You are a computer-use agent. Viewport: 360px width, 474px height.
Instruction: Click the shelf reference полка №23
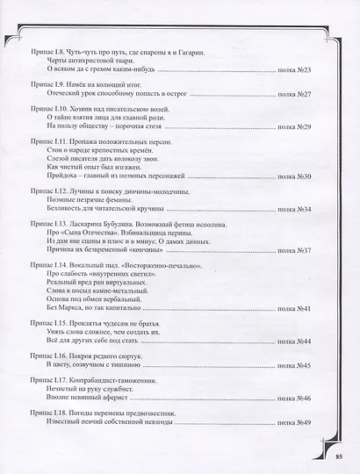pyautogui.click(x=307, y=68)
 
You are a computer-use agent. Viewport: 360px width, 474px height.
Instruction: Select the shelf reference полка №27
pyautogui.click(x=307, y=92)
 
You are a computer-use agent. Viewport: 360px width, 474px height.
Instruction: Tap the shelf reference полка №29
pyautogui.click(x=307, y=127)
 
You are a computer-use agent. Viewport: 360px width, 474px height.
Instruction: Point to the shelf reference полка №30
pyautogui.click(x=307, y=176)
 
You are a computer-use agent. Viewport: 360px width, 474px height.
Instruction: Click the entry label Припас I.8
pyautogui.click(x=46, y=51)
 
